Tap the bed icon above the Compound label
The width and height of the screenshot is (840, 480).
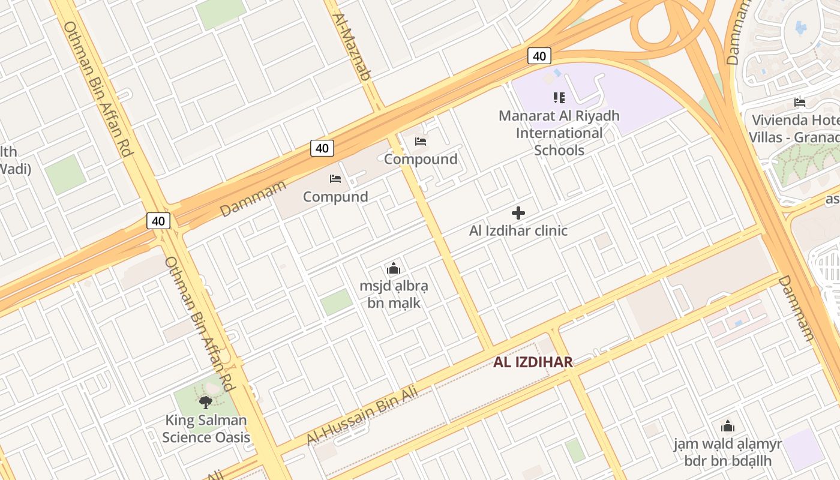[x=421, y=142]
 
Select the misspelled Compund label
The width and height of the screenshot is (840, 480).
[x=335, y=197]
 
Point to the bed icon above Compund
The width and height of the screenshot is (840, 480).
[x=335, y=179]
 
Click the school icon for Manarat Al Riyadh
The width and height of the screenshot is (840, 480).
[x=559, y=97]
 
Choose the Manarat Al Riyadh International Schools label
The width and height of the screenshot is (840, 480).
[x=559, y=133]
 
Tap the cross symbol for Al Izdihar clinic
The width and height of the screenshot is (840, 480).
[x=518, y=213]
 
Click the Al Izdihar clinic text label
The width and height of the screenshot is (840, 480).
[x=518, y=230]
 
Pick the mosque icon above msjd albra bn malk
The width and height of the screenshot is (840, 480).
[x=394, y=268]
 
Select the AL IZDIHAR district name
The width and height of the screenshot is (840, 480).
[x=533, y=362]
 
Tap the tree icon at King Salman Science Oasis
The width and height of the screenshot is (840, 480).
[x=206, y=402]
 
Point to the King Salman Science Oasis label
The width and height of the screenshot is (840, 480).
[x=206, y=428]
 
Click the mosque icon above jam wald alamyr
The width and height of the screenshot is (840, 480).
[x=728, y=427]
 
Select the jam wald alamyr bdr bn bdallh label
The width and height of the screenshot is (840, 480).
[x=727, y=452]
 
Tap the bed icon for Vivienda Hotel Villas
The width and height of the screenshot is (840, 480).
[x=799, y=102]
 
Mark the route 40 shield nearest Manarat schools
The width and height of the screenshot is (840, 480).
[x=539, y=56]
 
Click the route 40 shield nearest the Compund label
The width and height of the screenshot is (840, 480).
[x=322, y=148]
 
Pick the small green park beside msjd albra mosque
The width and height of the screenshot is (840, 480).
[x=336, y=302]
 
